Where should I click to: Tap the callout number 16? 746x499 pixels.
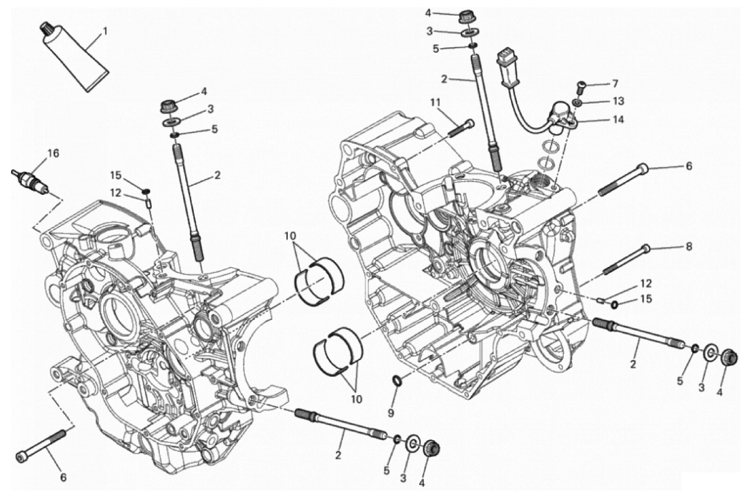[x=54, y=154]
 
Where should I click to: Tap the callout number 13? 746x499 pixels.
[x=619, y=101]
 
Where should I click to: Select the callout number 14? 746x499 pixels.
[x=618, y=120]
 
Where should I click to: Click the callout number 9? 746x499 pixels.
[x=391, y=413]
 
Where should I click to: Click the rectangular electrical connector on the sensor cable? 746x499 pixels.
[x=507, y=63]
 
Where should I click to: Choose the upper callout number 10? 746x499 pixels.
[x=290, y=236]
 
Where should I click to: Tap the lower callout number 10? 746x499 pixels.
[x=356, y=399]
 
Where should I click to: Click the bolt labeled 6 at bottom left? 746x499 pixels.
[x=41, y=445]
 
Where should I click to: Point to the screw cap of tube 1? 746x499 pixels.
[x=46, y=28]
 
